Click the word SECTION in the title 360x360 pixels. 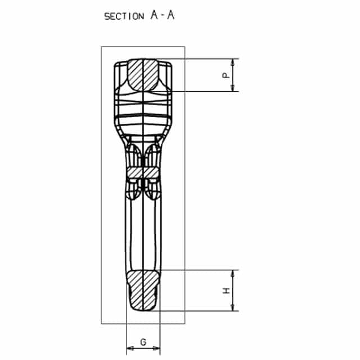pyautogui.click(x=124, y=16)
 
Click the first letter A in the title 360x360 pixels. pyautogui.click(x=154, y=15)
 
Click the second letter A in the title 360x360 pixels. pyautogui.click(x=170, y=15)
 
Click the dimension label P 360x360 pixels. pyautogui.click(x=226, y=75)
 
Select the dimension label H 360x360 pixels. pyautogui.click(x=226, y=290)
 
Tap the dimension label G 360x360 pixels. pyautogui.click(x=143, y=342)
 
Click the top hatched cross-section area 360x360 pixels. pyautogui.click(x=143, y=75)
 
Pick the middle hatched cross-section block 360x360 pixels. pyautogui.click(x=142, y=173)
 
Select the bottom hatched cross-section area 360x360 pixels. pyautogui.click(x=143, y=290)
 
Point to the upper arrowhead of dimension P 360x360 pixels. pyautogui.click(x=232, y=62)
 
